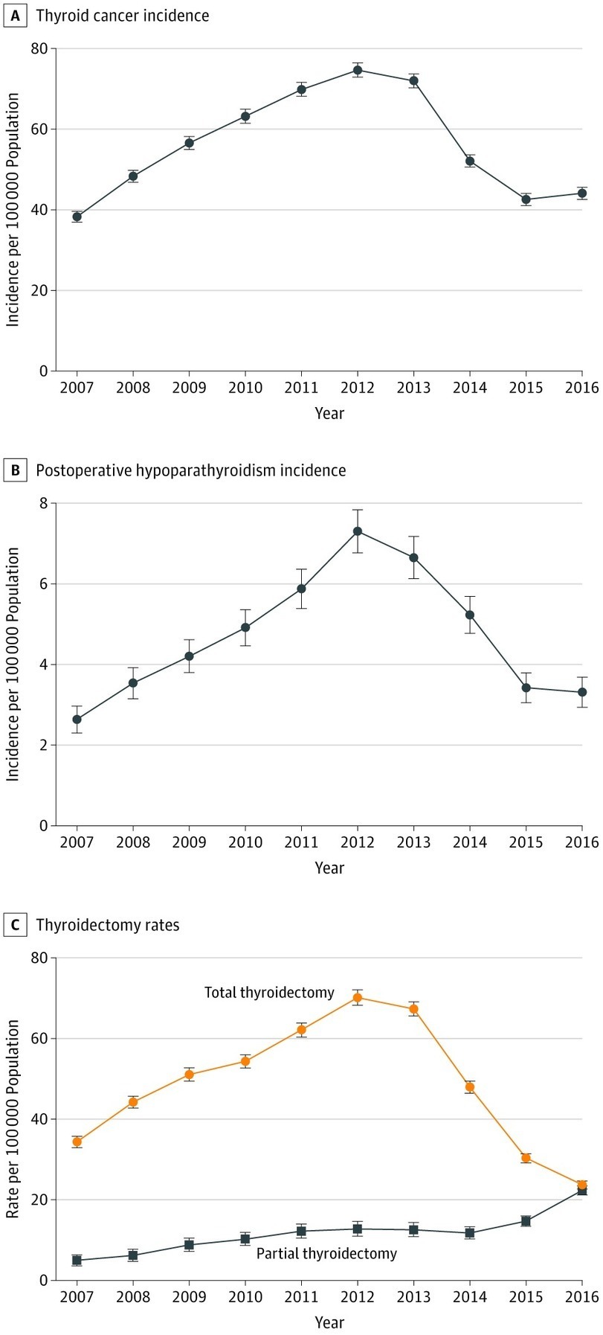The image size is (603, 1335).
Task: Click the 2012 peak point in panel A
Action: click(358, 70)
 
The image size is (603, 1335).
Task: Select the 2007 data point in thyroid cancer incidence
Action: click(77, 217)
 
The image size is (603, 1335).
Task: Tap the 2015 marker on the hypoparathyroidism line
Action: click(526, 688)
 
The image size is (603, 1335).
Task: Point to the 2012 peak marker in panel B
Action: click(358, 531)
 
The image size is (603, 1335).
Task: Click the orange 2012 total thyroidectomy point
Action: click(358, 997)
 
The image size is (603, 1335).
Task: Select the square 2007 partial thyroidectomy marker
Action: click(77, 1260)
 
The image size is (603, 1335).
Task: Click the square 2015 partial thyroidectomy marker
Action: click(526, 1220)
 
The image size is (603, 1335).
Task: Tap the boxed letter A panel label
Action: click(14, 15)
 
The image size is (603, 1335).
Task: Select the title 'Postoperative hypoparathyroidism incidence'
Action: click(191, 470)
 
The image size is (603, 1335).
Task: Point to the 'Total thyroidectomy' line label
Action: click(269, 993)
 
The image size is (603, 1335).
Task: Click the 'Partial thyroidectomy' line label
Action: click(326, 1253)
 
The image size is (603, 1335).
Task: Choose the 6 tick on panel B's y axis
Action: click(42, 584)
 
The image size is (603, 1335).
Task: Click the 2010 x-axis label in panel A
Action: click(245, 388)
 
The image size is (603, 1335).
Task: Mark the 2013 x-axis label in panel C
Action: click(413, 1297)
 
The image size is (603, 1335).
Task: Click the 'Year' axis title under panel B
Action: click(329, 868)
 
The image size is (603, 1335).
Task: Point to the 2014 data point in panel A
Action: click(470, 161)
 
